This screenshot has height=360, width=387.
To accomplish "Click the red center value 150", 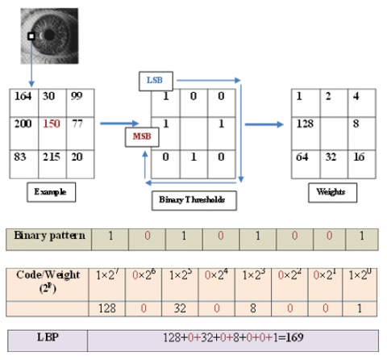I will (x=51, y=123).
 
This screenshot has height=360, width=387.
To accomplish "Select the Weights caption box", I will (x=331, y=193).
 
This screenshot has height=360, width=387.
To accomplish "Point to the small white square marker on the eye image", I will (x=31, y=36).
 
